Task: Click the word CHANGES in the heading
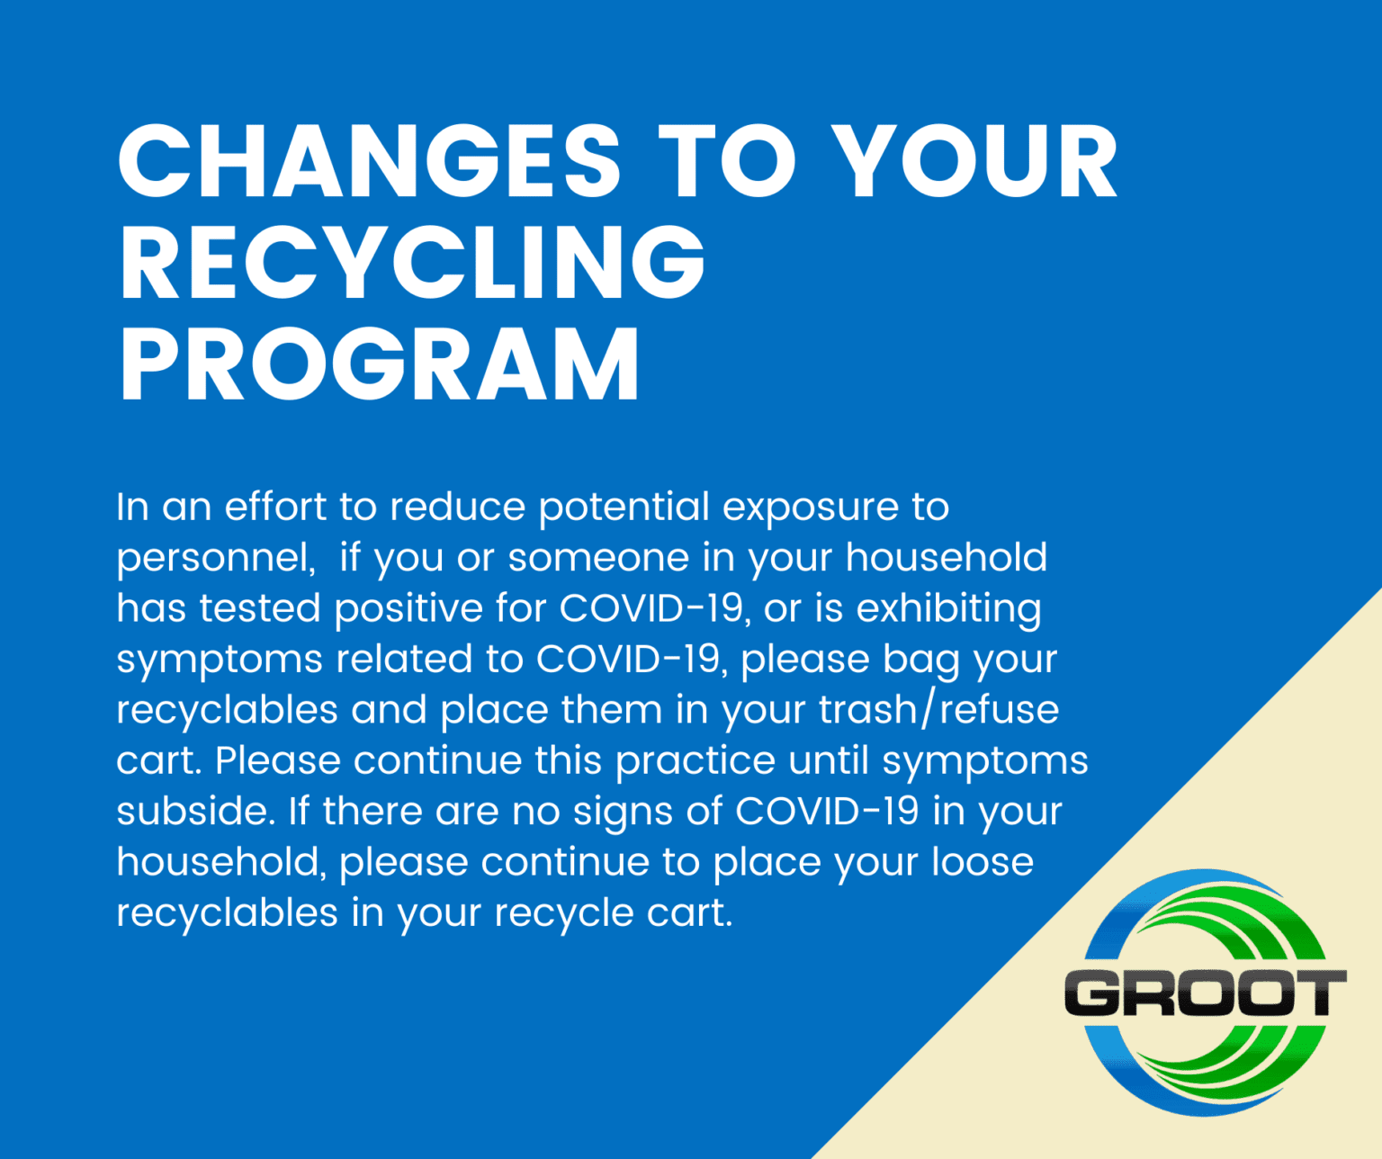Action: [369, 161]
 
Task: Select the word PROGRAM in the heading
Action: [379, 364]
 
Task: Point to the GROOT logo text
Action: [1206, 993]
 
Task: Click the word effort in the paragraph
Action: [275, 507]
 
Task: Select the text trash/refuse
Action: [938, 710]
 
